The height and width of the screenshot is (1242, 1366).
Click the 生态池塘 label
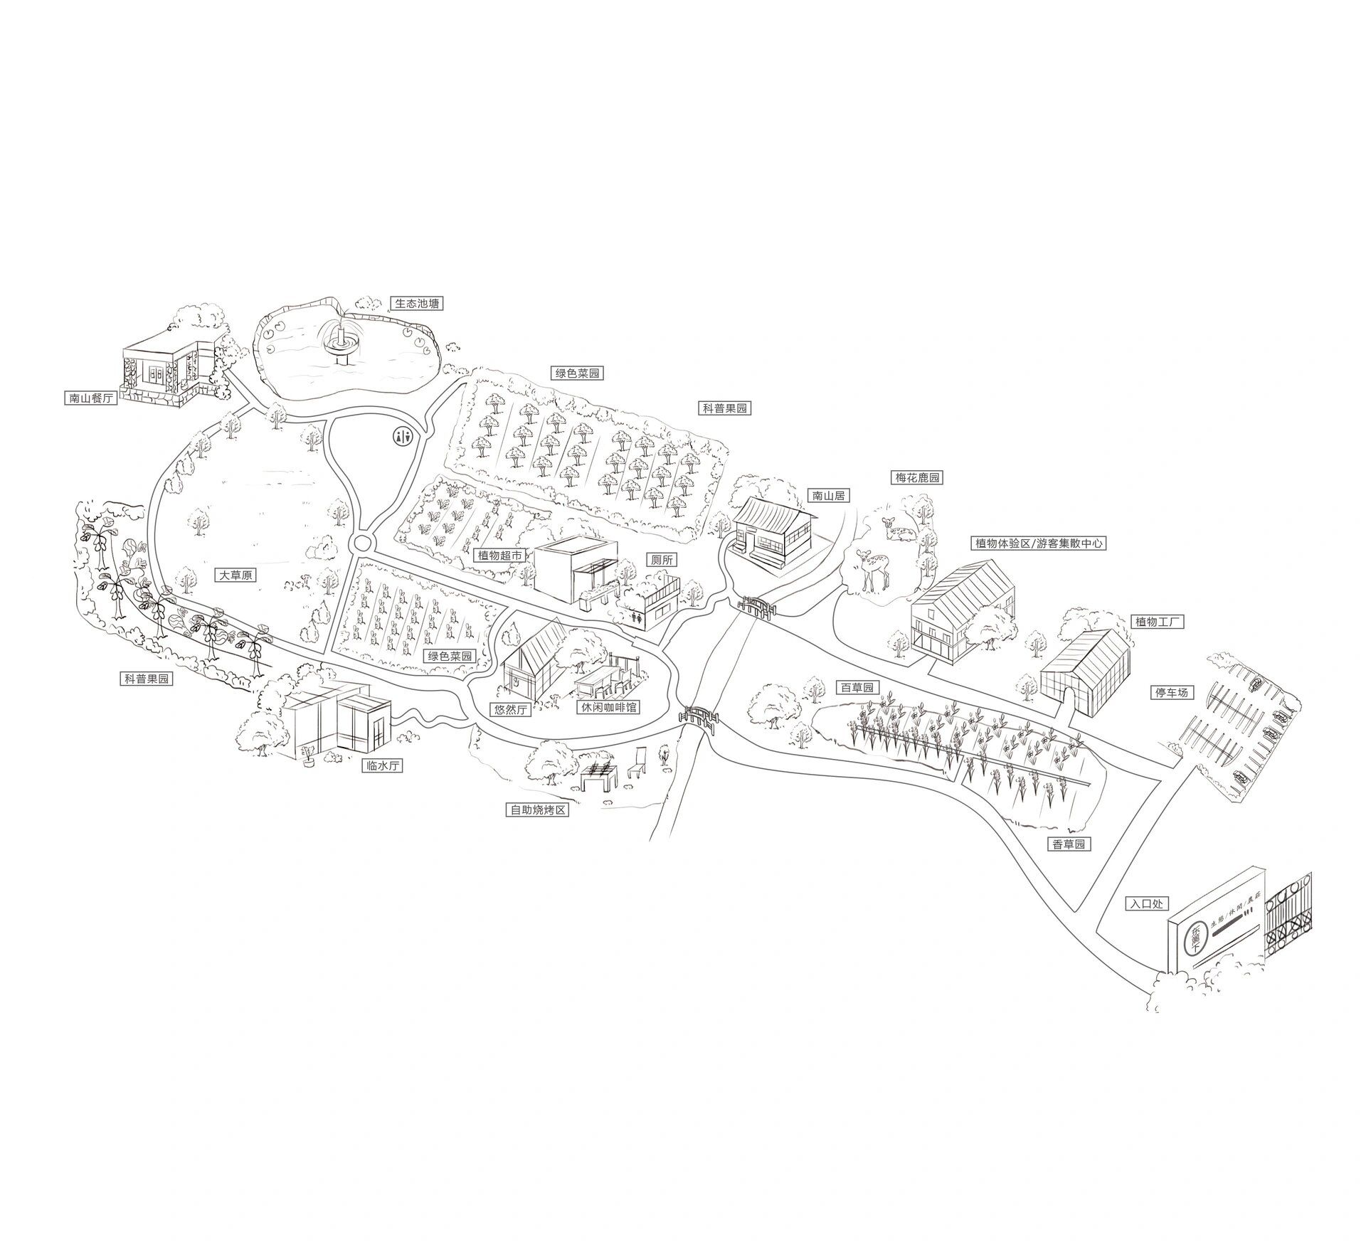[x=418, y=304]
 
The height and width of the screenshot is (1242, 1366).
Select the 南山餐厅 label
[x=91, y=398]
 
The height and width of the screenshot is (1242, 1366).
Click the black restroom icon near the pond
[x=403, y=436]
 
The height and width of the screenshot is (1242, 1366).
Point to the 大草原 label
[x=235, y=575]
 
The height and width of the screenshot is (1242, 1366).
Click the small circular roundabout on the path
[x=362, y=544]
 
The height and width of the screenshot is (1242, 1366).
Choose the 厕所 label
[x=661, y=561]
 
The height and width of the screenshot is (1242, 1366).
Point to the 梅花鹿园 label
[x=917, y=478]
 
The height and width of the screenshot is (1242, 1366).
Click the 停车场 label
[x=1171, y=691]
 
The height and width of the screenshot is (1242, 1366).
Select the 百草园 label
[x=857, y=688]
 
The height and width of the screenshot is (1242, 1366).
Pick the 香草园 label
[x=1069, y=844]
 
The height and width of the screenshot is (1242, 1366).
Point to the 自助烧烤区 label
[x=538, y=810]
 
